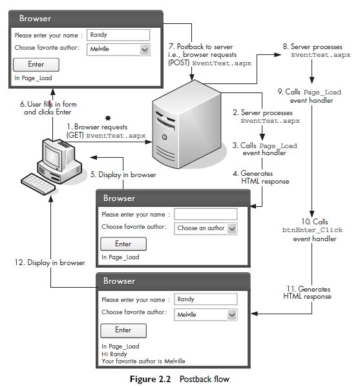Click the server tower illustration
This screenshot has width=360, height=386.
[x=187, y=124]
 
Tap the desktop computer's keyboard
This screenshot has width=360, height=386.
[x=38, y=184]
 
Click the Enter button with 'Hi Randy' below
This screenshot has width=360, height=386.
[x=123, y=330]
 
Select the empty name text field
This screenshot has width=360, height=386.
[x=206, y=214]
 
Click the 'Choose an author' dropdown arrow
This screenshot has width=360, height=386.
[x=232, y=229]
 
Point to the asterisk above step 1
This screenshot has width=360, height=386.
[x=108, y=118]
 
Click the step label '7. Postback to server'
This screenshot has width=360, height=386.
[x=200, y=47]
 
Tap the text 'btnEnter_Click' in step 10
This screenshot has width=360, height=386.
[x=312, y=230]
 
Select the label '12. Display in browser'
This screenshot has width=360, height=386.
[x=50, y=263]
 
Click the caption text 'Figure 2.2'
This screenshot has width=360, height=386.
[x=150, y=379]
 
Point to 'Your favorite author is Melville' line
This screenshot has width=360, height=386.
[x=143, y=361]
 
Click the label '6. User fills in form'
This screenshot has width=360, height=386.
[x=48, y=104]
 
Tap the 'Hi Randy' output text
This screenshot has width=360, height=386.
[x=114, y=354]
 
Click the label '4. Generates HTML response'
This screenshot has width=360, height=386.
[x=261, y=177]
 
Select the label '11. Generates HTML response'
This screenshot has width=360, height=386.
[x=308, y=292]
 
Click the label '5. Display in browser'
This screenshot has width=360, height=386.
[x=123, y=175]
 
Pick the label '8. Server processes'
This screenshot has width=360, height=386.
[x=313, y=47]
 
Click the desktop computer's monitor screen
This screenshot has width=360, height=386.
[x=52, y=157]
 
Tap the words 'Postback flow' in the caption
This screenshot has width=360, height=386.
[x=204, y=379]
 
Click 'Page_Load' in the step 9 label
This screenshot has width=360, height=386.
[x=323, y=92]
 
